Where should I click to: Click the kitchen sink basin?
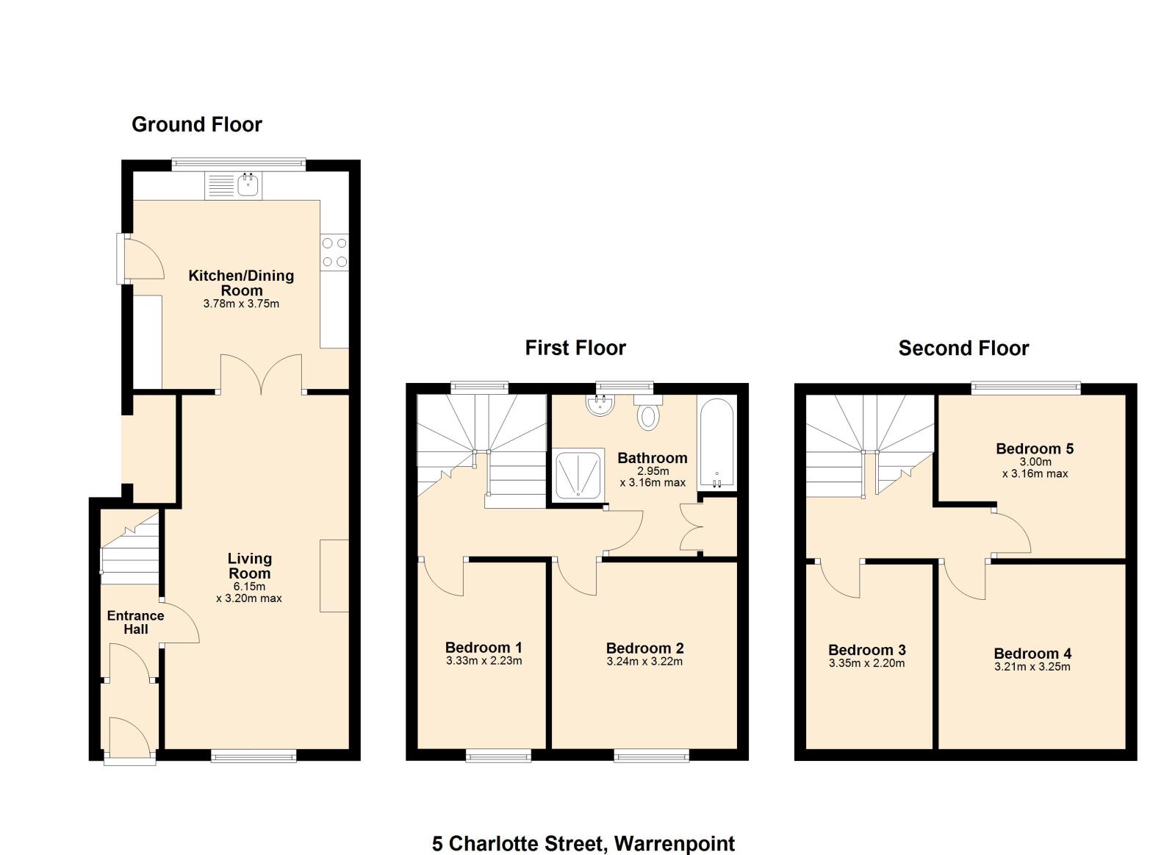tap(248, 185)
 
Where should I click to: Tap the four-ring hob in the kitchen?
tap(334, 252)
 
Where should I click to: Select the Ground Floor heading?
tap(197, 124)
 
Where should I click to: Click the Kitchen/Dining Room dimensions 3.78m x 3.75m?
tap(241, 304)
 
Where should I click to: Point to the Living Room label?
tap(250, 566)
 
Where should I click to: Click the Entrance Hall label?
tap(135, 622)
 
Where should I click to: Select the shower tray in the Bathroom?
tap(578, 475)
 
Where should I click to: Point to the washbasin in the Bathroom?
tap(600, 405)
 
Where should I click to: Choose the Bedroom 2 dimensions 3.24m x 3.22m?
tap(644, 662)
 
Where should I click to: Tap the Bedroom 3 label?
tap(866, 650)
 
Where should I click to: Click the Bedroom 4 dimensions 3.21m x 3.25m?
tap(1032, 667)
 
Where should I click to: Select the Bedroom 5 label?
tap(1035, 448)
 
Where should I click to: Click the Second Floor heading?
tap(963, 348)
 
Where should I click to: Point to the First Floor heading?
tap(575, 348)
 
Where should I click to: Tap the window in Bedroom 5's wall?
tap(1026, 388)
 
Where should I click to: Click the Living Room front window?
tap(254, 755)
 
